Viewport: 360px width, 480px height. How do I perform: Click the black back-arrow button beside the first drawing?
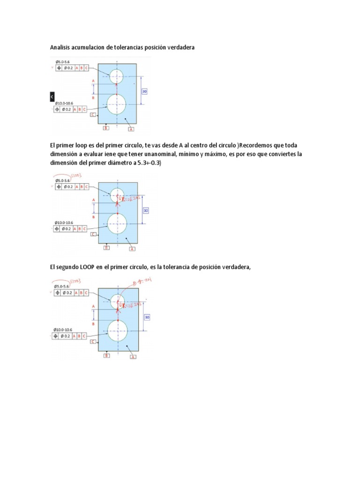[52, 96]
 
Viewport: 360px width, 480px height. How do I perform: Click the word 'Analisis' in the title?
[61, 47]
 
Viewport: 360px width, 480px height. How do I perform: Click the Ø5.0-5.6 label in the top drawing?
[62, 62]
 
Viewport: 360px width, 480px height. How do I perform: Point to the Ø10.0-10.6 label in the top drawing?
[65, 103]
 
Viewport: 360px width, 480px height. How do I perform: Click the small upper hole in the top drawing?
[116, 76]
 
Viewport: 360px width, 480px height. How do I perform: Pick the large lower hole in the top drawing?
[116, 104]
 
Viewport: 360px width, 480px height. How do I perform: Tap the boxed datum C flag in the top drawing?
[93, 114]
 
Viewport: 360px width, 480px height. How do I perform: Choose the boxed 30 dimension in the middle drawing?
[145, 211]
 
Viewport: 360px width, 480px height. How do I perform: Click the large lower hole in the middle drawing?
[117, 224]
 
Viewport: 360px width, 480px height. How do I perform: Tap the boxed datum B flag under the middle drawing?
[106, 247]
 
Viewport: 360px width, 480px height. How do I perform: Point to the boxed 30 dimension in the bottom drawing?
[147, 317]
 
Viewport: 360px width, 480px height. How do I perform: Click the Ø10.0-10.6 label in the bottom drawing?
[64, 329]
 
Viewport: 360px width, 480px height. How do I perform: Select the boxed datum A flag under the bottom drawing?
[133, 357]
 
